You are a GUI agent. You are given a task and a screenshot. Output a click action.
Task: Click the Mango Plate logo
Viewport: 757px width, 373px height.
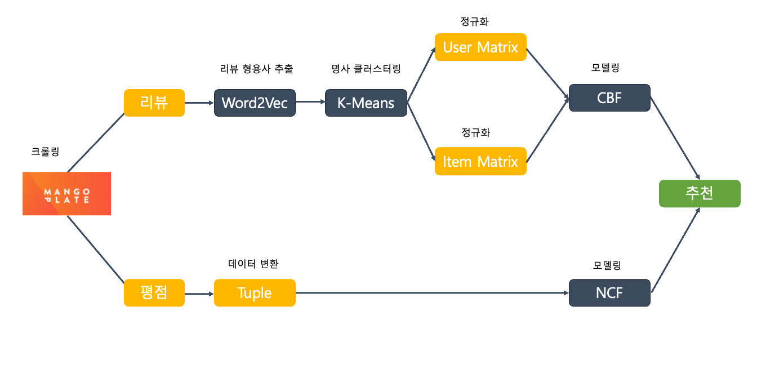coord(66,193)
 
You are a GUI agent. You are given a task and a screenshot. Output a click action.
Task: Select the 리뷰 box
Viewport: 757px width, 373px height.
coord(154,103)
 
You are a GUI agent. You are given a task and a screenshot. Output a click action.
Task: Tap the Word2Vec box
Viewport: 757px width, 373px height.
coord(255,103)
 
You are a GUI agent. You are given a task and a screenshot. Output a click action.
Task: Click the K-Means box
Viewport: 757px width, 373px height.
coord(366,103)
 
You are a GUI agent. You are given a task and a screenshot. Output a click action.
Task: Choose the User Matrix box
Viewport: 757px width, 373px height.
coord(480,47)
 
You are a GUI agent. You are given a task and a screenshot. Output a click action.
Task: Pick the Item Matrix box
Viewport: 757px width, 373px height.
coord(480,161)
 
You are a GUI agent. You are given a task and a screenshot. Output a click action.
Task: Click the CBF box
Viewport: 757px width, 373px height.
coord(609,97)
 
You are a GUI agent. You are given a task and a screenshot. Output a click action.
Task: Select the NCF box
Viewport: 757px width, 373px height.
coord(609,293)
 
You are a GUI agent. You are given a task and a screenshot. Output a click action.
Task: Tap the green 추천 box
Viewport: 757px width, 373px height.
coord(700,193)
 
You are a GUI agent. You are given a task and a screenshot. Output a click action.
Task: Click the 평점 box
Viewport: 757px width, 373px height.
coord(154,293)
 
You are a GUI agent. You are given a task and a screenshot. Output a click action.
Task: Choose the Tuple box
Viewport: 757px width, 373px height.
coord(255,293)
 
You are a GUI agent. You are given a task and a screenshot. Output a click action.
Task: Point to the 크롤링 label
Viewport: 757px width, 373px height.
coord(45,151)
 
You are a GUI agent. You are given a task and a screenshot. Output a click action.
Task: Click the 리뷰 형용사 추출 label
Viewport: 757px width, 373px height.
coord(256,69)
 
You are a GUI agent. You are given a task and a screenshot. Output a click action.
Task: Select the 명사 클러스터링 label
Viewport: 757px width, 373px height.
coord(366,69)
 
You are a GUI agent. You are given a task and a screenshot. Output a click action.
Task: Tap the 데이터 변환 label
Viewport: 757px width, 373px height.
coord(253,263)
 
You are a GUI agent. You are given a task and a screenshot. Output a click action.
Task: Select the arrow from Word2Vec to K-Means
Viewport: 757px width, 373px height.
coord(310,102)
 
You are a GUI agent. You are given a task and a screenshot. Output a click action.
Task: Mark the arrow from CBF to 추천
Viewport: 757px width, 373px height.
coord(675,137)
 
